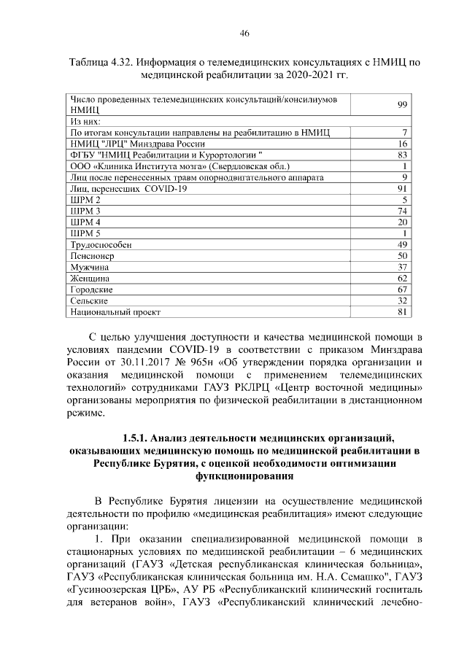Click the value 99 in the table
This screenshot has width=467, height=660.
[401, 104]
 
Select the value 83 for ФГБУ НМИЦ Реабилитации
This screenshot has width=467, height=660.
[401, 155]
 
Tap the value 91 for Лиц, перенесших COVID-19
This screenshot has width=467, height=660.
[401, 188]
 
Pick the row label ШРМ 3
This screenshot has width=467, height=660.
[84, 211]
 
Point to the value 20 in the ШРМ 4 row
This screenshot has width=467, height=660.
[401, 222]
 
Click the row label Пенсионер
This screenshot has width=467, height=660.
[91, 256]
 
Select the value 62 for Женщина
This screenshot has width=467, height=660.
[401, 278]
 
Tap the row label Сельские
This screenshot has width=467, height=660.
[88, 300]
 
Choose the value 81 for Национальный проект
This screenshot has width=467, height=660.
[401, 311]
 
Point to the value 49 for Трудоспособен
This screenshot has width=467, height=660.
[401, 244]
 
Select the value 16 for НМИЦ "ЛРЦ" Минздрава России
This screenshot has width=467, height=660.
[401, 144]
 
